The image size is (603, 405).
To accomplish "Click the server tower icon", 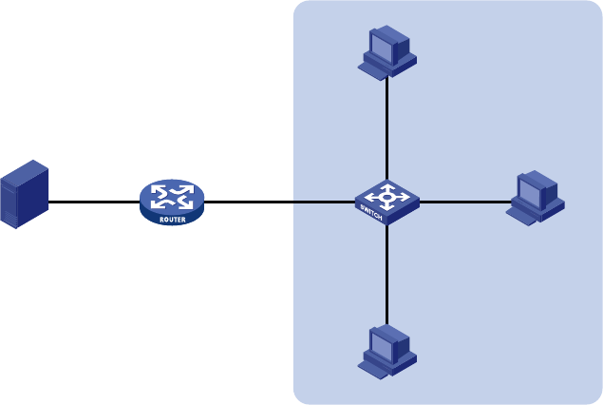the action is [x=25, y=194].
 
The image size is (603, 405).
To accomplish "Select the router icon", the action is [x=172, y=202].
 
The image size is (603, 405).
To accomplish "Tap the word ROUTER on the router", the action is [x=173, y=220].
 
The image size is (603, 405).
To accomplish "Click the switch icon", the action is [x=387, y=202].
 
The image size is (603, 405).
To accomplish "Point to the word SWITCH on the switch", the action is [x=371, y=213].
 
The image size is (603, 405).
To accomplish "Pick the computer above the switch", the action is [x=387, y=52].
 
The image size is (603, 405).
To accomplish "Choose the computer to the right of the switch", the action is [x=536, y=198].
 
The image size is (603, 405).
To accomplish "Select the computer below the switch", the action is [x=387, y=352].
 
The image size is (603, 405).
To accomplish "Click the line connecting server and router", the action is [x=94, y=202].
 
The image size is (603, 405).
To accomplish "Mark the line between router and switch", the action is [x=279, y=202].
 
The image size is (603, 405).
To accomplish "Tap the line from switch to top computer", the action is [x=386, y=128].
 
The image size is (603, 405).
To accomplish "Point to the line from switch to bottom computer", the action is [x=386, y=275].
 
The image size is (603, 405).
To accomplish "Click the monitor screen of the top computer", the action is [x=381, y=47].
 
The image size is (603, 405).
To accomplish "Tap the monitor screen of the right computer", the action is [x=529, y=192].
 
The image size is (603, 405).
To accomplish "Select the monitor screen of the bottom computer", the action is [x=381, y=346].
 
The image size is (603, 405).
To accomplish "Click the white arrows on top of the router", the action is [x=172, y=197].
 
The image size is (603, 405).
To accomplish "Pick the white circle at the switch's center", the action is [x=386, y=198].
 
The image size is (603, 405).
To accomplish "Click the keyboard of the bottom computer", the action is [x=372, y=371].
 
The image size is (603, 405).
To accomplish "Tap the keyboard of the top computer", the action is [x=372, y=71].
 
